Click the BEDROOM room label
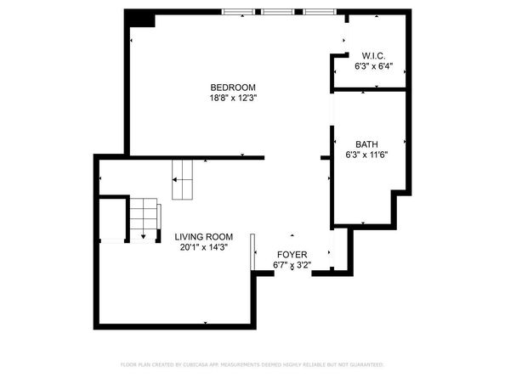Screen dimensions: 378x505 (x=233, y=87)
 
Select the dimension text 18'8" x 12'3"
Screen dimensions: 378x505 (x=233, y=98)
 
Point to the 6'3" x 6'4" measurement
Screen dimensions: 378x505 (x=374, y=65)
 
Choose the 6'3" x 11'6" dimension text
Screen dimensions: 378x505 (x=366, y=155)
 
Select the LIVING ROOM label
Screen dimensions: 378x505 (x=204, y=237)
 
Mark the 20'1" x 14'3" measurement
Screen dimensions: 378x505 (x=204, y=248)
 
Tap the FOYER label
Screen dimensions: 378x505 (x=292, y=254)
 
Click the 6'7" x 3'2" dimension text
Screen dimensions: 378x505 (x=292, y=265)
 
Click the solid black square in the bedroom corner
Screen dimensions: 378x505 (x=140, y=19)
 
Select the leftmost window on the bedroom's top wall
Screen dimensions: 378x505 (x=238, y=12)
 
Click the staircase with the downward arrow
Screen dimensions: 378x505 (x=145, y=219)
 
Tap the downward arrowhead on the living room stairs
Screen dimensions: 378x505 (x=144, y=235)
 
